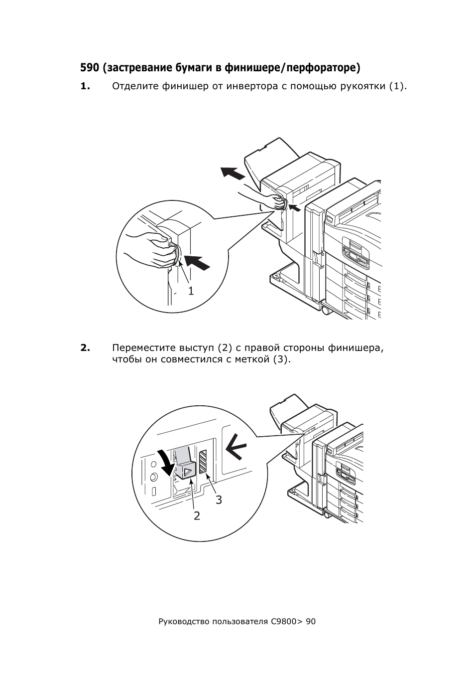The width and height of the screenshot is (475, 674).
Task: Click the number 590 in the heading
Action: [x=89, y=68]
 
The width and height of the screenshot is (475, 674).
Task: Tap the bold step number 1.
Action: [x=85, y=86]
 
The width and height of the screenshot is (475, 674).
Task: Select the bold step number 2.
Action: [x=85, y=348]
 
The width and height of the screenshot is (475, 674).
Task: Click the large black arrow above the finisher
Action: [x=233, y=173]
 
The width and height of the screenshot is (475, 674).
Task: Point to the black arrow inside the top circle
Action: [x=197, y=262]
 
